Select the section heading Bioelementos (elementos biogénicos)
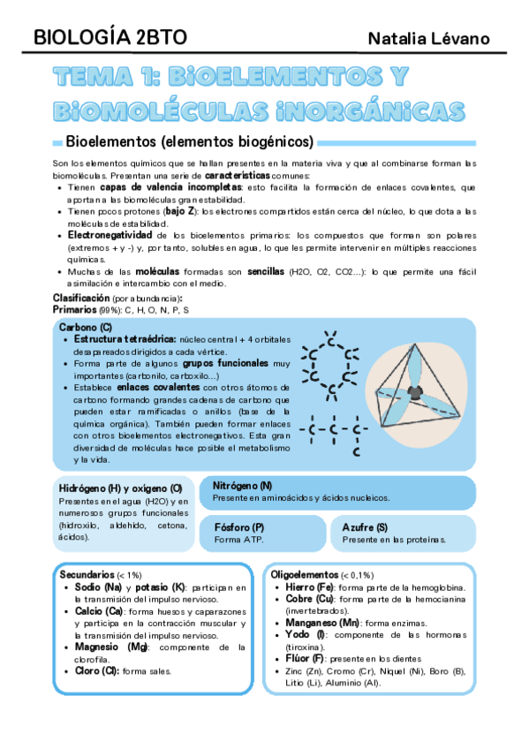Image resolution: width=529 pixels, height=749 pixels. pos(190,141)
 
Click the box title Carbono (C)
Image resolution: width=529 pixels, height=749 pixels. pos(86,328)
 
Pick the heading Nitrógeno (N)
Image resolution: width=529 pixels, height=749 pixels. pos(242,486)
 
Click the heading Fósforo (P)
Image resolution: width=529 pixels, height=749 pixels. pos(239,526)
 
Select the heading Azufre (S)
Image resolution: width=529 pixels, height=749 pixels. pos(365,526)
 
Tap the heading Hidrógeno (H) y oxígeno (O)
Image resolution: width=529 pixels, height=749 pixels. pos(120,488)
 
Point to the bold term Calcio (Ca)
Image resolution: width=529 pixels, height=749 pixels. pos(99,611)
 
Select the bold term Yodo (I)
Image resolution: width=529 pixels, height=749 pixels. pos(306,635)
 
